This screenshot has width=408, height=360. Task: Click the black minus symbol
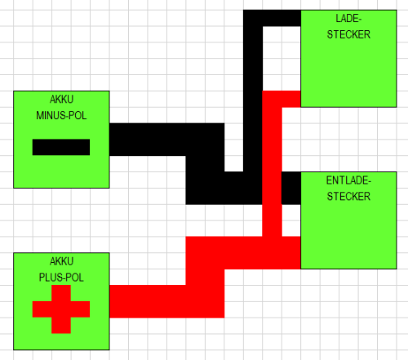point(61,147)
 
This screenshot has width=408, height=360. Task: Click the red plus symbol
point(61,309)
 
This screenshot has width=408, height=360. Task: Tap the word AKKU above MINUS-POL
point(61,100)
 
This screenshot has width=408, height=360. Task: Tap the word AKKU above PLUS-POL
point(61,262)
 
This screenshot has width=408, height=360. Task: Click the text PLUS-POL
point(61,277)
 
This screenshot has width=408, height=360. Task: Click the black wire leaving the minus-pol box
point(147,139)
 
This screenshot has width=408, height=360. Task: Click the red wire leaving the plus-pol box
point(147,301)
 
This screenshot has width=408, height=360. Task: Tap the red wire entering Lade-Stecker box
point(290,98)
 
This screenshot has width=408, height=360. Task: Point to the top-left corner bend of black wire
point(253,18)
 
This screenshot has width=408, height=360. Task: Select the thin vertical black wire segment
point(253,98)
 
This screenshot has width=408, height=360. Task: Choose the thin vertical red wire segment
point(273,163)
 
